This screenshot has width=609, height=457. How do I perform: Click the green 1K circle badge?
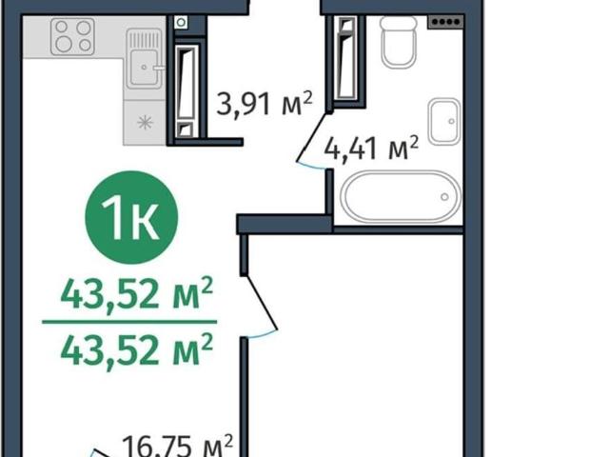pos(131,217)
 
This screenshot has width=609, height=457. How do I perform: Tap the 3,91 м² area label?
pos(265,104)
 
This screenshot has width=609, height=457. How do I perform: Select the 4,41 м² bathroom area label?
pos(371,149)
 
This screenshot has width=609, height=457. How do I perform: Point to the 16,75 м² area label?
pos(178,447)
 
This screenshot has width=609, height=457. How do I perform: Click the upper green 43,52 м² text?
pos(137,292)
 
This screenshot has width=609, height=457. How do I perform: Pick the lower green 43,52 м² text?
pos(137,349)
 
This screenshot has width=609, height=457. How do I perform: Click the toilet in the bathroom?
pos(399,42)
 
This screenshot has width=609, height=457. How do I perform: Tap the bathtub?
pos(401,197)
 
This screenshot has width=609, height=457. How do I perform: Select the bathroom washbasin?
pos(444,122)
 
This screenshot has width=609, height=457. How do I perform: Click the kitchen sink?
pos(144,59)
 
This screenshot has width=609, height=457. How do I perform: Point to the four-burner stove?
pos(72,36)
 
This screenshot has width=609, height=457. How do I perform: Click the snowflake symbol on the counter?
pos(145,123)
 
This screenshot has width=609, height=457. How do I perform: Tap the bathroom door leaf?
pos(312,137)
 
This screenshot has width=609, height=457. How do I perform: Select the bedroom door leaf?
pos(262,303)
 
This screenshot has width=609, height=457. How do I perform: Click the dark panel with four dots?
pos(446,22)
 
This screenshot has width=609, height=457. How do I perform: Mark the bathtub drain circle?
pos(444,197)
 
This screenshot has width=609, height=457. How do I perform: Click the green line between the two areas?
pos(129,322)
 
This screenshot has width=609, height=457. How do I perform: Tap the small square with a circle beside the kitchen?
pos(181,22)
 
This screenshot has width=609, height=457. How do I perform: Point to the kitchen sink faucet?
pos(159,68)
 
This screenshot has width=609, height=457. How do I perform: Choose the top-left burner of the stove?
pos(62,27)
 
